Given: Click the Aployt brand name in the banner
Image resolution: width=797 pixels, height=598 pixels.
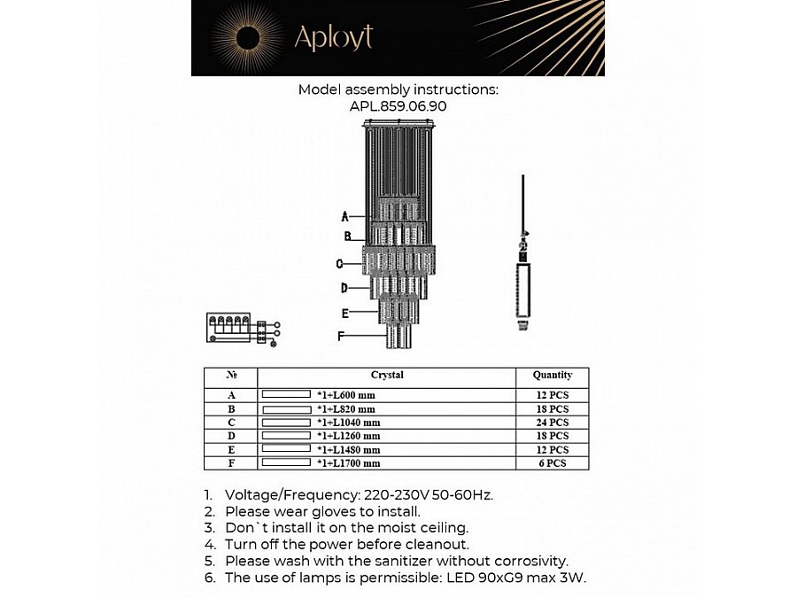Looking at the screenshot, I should coord(333,37).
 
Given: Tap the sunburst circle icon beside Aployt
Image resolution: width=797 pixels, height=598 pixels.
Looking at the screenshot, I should coord(248,38).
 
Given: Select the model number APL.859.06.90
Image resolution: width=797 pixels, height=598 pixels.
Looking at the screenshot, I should coord(398,105).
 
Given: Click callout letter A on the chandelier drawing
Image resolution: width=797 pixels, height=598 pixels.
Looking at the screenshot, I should coord(344,216).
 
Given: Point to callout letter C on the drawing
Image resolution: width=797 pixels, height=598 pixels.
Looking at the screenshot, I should coord(340,263).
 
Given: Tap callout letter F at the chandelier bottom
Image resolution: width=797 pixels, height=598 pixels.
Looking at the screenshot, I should coord(341,336).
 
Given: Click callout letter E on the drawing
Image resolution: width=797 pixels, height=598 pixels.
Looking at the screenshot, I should coord(344,313).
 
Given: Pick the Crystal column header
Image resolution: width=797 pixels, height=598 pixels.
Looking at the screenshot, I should coord(387,376).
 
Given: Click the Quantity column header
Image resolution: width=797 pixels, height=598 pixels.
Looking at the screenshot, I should coord(553,376).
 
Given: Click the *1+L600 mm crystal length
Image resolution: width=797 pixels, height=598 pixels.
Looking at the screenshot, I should coord(347,396).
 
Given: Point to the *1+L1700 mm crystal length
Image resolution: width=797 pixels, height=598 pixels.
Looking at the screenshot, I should coord(349,462).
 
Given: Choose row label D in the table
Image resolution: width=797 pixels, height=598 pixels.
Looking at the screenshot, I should coord(232,436).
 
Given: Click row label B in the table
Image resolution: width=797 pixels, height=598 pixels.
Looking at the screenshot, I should coord(232,409).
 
